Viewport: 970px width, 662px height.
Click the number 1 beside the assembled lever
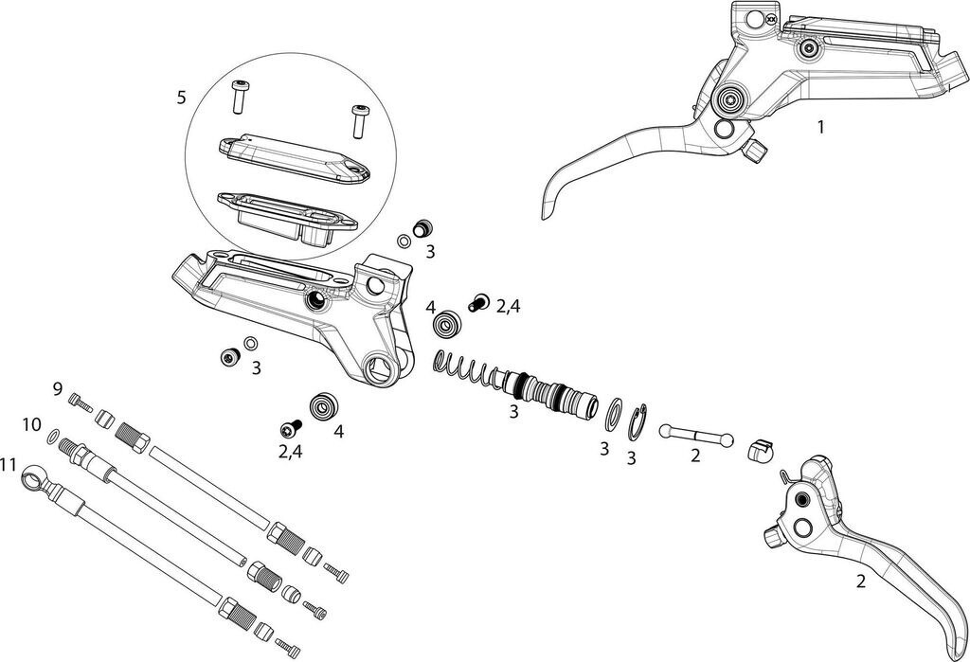coord(820,126)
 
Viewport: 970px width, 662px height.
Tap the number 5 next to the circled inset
coord(181,97)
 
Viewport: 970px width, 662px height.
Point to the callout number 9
coord(58,388)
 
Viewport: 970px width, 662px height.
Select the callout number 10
coord(32,424)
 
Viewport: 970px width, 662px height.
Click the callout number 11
coord(9,464)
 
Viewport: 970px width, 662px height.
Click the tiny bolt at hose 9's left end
coord(81,404)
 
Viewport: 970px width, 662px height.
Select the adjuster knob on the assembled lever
coord(756,150)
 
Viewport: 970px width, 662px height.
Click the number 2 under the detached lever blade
coord(860,582)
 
